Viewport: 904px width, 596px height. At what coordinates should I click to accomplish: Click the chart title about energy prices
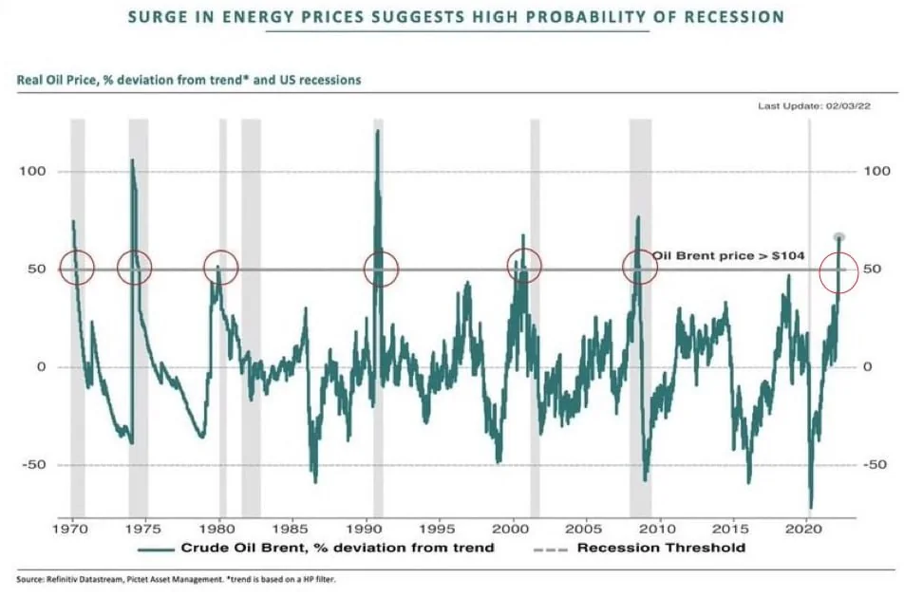[458, 16]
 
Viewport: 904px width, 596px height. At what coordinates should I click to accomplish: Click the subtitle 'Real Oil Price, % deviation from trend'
[189, 81]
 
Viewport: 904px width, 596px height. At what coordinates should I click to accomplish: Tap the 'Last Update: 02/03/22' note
[814, 106]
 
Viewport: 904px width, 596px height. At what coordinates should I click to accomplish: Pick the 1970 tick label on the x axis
[72, 528]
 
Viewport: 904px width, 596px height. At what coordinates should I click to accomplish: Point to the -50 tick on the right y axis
[876, 465]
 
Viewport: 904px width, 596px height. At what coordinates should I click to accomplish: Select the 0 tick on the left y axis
[42, 367]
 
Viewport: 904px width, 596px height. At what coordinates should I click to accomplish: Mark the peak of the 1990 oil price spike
[378, 130]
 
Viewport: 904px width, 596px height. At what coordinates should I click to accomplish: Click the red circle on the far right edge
[839, 269]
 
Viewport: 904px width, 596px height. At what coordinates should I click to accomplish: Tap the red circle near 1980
[220, 268]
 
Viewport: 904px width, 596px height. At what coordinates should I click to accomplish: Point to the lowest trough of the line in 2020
[811, 508]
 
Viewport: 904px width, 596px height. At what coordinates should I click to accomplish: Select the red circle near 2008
[640, 268]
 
